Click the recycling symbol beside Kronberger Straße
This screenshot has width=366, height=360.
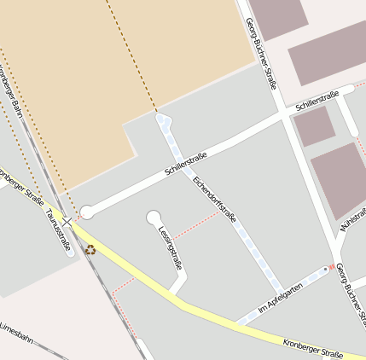coord(90,250)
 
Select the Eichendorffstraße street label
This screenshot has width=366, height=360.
coord(214,200)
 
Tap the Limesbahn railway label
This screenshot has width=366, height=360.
coord(15,334)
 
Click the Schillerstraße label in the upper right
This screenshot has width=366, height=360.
coord(317,101)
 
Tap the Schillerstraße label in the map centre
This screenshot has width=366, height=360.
coord(186,163)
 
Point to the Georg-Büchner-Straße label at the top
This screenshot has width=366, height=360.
coord(260,53)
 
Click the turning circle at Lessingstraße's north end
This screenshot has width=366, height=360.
coord(154,218)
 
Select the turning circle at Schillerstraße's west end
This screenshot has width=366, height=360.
coord(86,211)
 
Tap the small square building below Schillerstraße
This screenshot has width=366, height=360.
coord(314,125)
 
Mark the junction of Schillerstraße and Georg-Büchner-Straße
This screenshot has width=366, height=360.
coord(285,115)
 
